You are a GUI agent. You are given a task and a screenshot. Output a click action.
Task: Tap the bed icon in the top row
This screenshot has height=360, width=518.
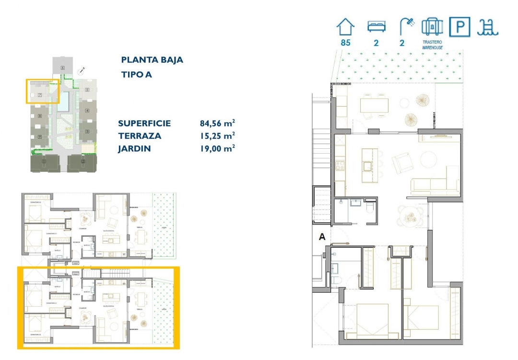(376, 26)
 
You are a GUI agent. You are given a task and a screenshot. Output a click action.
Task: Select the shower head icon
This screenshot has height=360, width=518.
(405, 26)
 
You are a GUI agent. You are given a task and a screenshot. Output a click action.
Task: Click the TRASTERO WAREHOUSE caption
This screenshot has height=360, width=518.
(432, 45)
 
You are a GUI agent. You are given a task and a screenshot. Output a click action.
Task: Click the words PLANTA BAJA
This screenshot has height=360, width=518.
(152, 60)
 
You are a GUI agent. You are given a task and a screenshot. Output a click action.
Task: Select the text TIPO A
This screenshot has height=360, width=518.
(137, 74)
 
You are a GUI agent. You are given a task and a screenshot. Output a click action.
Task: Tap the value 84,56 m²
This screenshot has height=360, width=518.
(217, 123)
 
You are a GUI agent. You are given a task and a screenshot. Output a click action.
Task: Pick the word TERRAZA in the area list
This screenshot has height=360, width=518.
(140, 136)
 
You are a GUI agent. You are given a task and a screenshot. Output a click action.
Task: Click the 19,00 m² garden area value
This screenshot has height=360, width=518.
(217, 149)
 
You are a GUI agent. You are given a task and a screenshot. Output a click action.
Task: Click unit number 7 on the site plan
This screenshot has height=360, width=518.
(40, 95)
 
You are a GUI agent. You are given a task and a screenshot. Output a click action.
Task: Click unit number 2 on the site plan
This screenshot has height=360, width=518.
(82, 162)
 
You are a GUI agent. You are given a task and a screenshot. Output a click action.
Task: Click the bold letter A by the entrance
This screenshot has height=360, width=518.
(322, 236)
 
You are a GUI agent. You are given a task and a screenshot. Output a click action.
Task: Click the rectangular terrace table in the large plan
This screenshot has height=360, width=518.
(374, 105)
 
